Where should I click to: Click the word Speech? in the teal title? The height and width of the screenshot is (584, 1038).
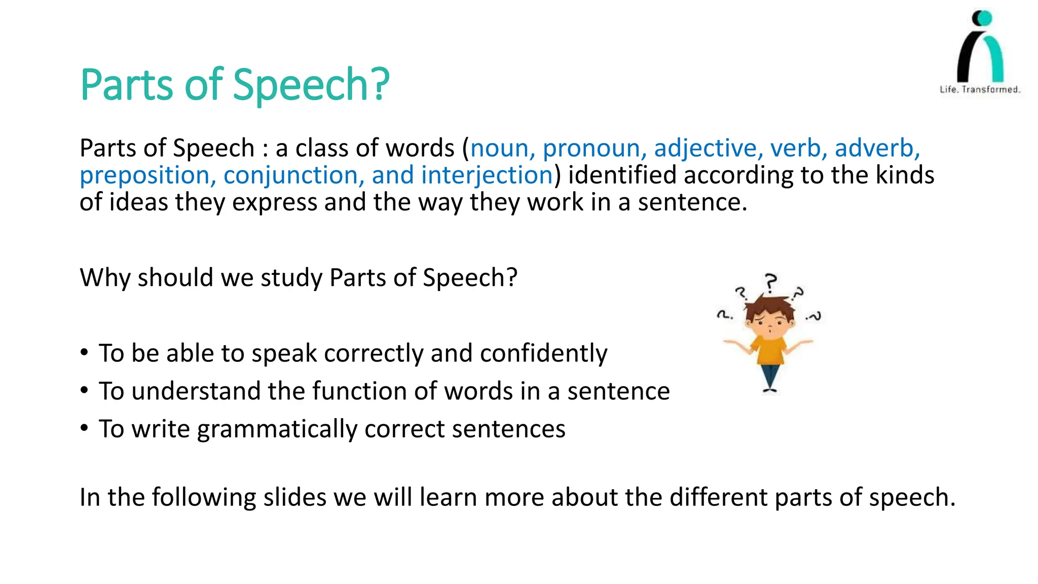click(311, 85)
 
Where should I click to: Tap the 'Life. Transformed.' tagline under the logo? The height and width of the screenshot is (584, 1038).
click(980, 90)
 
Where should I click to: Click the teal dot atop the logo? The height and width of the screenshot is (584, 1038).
click(984, 18)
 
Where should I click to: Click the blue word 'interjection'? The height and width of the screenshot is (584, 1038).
click(487, 175)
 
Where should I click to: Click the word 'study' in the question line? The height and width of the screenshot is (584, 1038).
click(291, 278)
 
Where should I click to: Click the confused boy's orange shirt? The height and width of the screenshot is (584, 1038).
click(769, 349)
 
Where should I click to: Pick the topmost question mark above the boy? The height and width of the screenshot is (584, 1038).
click(771, 282)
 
